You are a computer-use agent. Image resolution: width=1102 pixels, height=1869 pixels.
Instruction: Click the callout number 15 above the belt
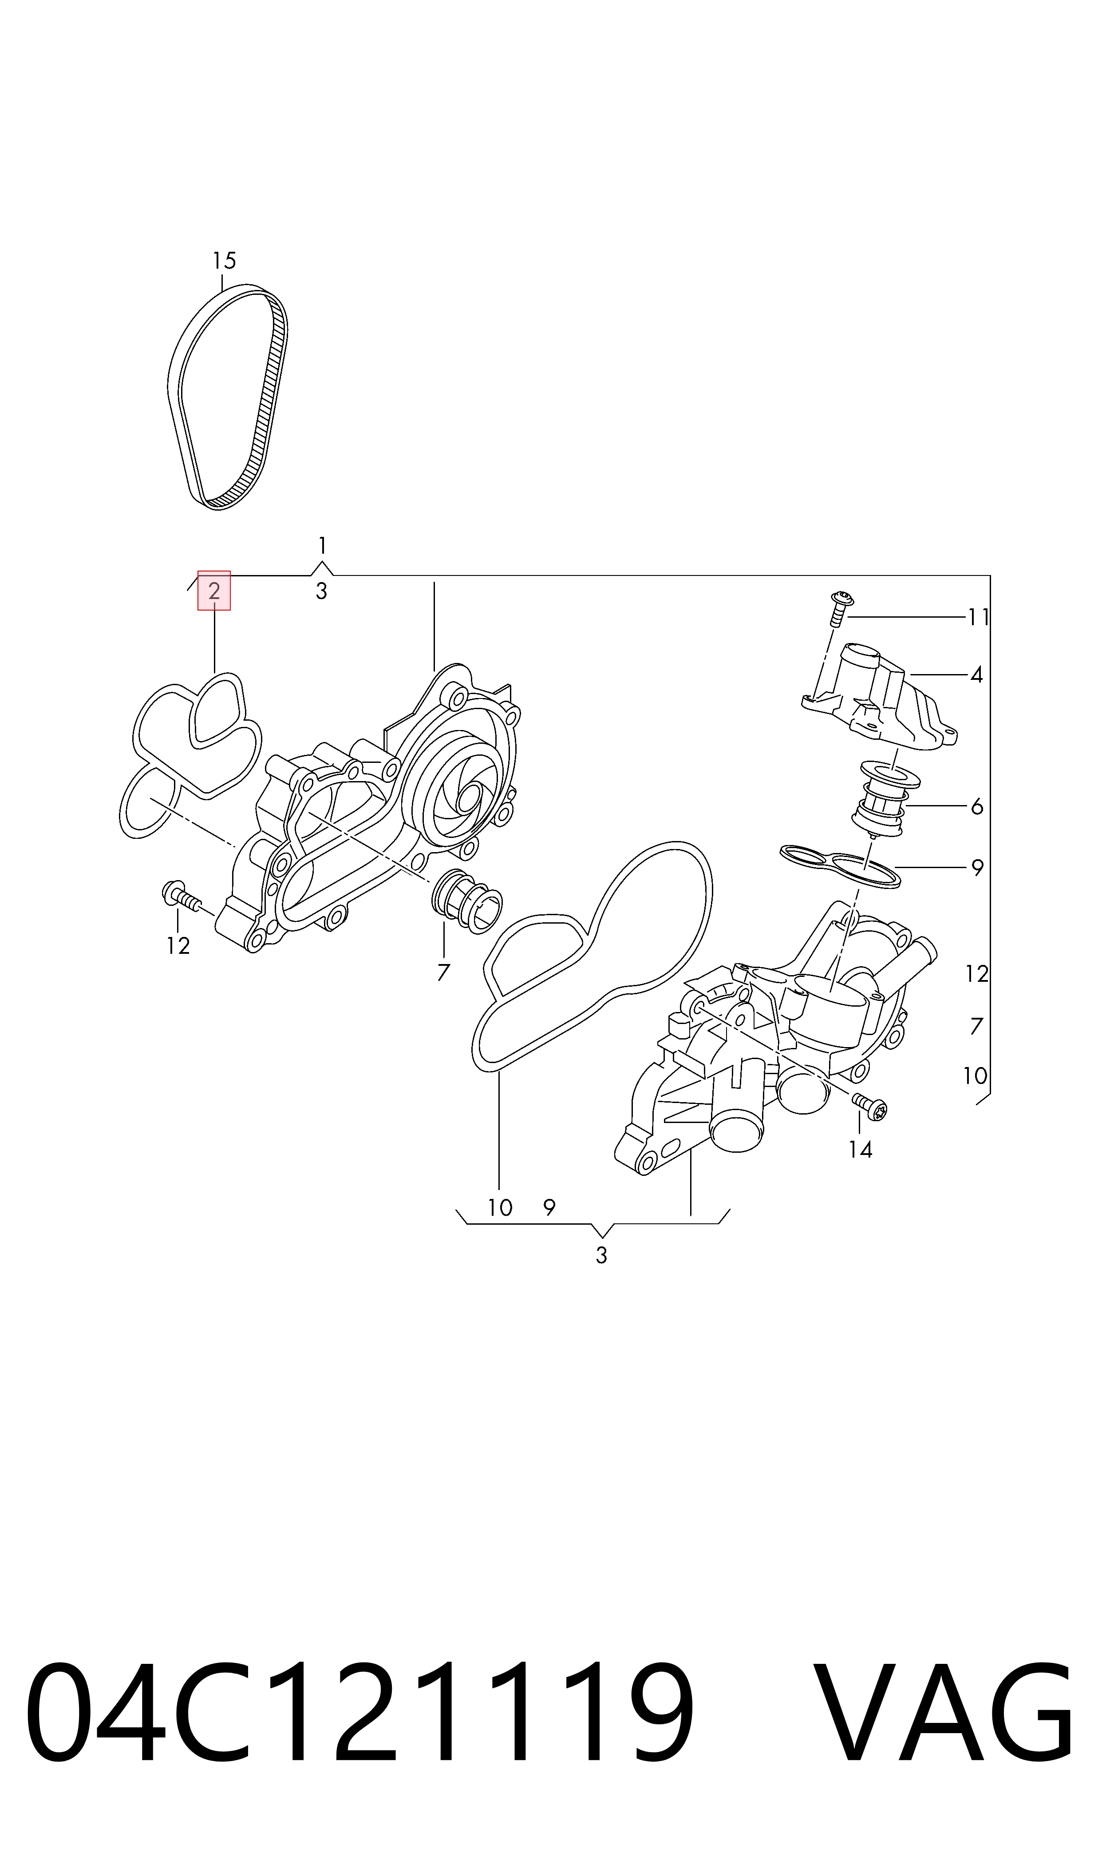click(224, 261)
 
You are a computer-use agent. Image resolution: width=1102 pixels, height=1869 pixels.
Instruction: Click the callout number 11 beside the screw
click(978, 617)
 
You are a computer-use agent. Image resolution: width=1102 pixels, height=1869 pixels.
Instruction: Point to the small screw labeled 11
click(840, 608)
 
